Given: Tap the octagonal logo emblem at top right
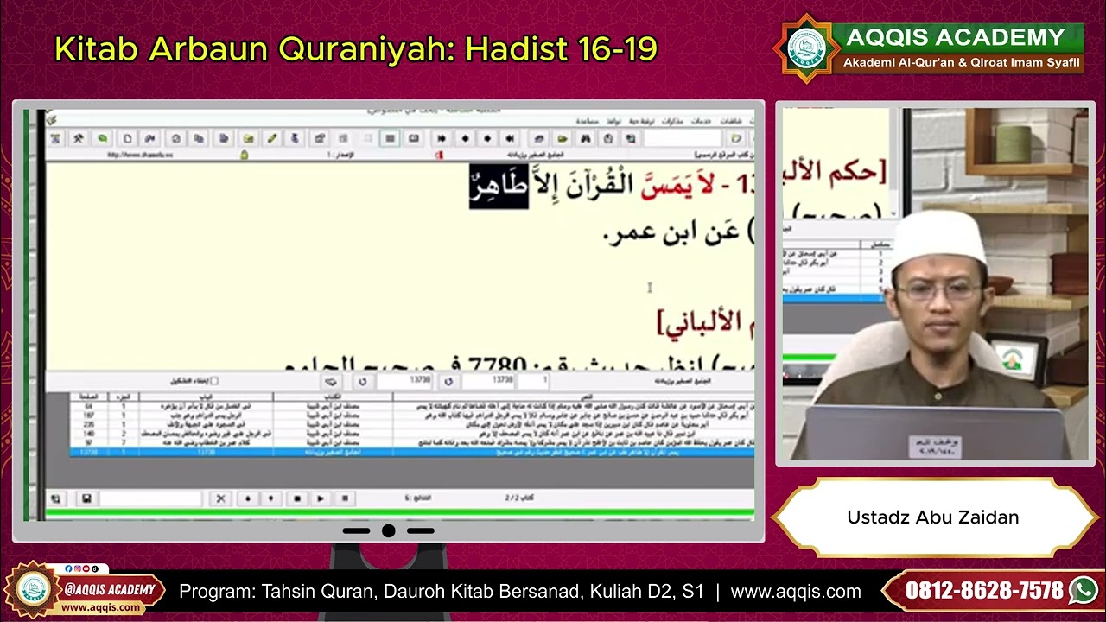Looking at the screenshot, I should click(806, 48).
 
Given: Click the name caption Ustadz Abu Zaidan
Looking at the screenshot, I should click(932, 517).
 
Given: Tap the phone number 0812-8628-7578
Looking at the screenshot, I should click(984, 591).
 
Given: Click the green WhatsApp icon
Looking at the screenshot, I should click(1083, 591).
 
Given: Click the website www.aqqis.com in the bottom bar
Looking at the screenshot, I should click(795, 592).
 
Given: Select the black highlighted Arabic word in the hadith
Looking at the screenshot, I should click(499, 186).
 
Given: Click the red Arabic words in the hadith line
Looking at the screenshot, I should click(675, 185).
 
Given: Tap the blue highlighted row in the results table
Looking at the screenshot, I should click(411, 452).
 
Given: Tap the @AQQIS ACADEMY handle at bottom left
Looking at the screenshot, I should click(109, 590).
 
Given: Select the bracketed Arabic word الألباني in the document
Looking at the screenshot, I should click(702, 322).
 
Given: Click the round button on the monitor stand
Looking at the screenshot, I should click(388, 530).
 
